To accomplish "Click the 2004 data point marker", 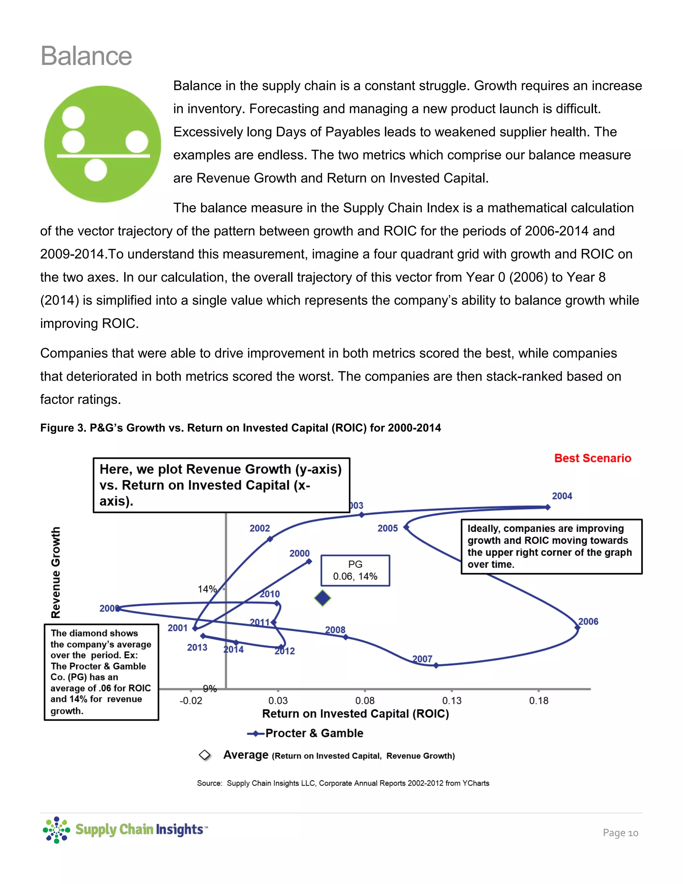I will pyautogui.click(x=548, y=507).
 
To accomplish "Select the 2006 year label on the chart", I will pyautogui.click(x=588, y=621).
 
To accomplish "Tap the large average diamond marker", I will pyautogui.click(x=322, y=598).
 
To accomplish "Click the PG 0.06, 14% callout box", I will pyautogui.click(x=355, y=570).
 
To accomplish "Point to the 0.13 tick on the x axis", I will pyautogui.click(x=452, y=701).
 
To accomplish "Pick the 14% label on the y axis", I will pyautogui.click(x=207, y=589).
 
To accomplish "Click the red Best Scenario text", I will pyautogui.click(x=592, y=458).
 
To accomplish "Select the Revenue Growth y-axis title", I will pyautogui.click(x=56, y=572).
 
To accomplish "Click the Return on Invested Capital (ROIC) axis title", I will pyautogui.click(x=355, y=714).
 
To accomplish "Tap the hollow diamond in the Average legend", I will pyautogui.click(x=205, y=755).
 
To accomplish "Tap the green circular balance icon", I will pyautogui.click(x=102, y=144).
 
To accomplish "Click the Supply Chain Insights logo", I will pyautogui.click(x=125, y=829).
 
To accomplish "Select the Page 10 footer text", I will pyautogui.click(x=620, y=833).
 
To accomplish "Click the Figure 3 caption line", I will pyautogui.click(x=240, y=428).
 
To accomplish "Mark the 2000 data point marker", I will pyautogui.click(x=309, y=561).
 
